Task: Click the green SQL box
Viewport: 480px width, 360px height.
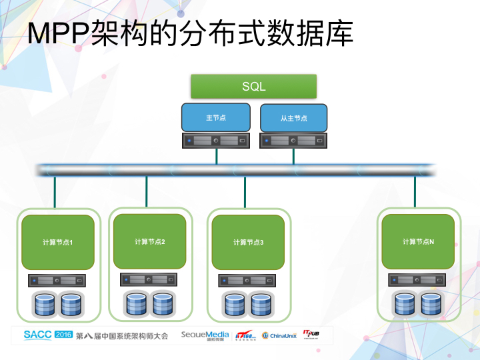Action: click(x=253, y=87)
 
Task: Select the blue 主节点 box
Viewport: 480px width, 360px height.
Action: click(x=215, y=117)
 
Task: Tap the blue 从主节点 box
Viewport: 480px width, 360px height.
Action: click(x=293, y=118)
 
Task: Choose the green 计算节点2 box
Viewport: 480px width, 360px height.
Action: click(x=149, y=241)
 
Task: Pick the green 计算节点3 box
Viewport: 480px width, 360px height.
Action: click(x=248, y=242)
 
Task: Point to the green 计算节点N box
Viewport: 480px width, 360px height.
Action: click(x=418, y=241)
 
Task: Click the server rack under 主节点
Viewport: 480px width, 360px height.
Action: click(x=215, y=141)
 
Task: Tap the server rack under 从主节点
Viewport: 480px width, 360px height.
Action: click(x=293, y=141)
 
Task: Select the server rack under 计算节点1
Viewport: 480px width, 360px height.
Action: click(x=57, y=281)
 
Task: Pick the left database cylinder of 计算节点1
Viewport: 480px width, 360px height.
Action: click(x=44, y=305)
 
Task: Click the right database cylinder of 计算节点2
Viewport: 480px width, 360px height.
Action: click(x=163, y=304)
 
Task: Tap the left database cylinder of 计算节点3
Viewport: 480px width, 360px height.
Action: click(x=235, y=305)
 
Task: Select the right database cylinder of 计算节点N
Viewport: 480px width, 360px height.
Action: click(x=431, y=304)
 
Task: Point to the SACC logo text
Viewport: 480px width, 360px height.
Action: click(x=37, y=335)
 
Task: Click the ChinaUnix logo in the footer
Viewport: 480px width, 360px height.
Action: click(x=279, y=335)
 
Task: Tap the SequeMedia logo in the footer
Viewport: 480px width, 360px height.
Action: click(x=205, y=335)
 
